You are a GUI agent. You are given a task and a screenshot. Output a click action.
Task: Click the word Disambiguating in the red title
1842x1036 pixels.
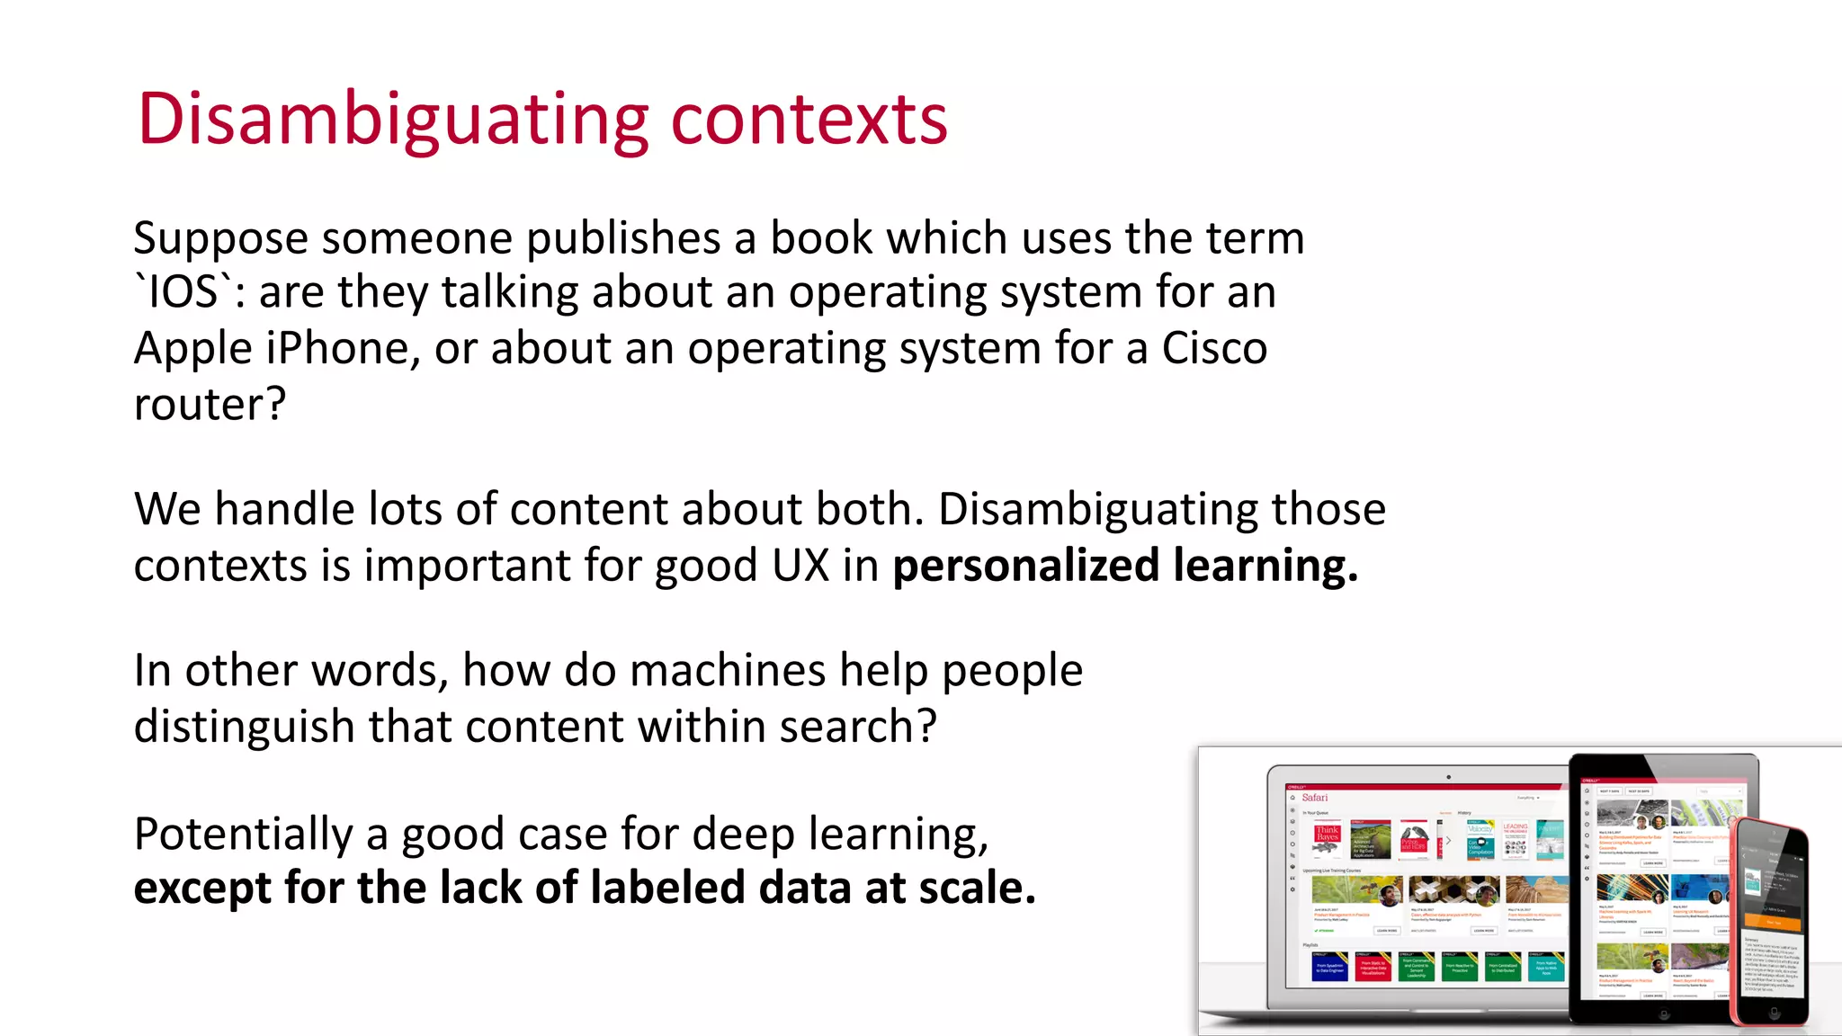[x=392, y=120]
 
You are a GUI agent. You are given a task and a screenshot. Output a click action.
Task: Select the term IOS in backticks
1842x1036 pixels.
[x=183, y=292]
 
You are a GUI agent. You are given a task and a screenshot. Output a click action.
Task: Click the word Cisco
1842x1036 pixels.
[x=1214, y=348]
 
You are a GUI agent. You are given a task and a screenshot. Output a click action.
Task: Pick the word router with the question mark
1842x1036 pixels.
[x=209, y=404]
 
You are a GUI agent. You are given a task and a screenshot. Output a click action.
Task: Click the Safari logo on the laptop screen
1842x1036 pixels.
[x=1314, y=798]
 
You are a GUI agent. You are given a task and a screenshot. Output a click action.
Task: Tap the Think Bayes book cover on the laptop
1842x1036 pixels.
[x=1328, y=838]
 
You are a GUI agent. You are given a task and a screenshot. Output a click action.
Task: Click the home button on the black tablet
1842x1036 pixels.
[x=1664, y=1014]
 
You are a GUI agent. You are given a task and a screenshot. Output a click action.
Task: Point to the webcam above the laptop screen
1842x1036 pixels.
[x=1448, y=777]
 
